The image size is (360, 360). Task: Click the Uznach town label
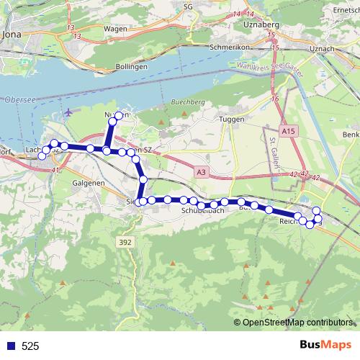point(320,48)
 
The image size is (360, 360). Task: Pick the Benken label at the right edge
point(351,135)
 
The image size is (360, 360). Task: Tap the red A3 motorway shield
point(201,172)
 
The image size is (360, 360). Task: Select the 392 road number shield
point(125,243)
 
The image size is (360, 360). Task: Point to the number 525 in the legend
point(30,346)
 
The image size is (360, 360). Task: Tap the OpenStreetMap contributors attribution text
point(297,323)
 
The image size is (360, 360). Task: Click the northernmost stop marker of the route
point(119,116)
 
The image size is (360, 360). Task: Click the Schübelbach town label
point(205,211)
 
